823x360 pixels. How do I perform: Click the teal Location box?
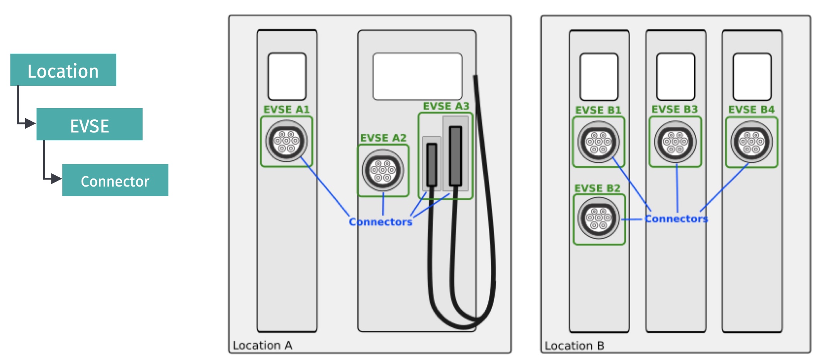pos(63,70)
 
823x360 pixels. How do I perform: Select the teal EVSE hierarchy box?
pos(89,124)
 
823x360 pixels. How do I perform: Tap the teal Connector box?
pos(115,180)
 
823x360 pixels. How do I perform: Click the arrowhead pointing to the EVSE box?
pos(31,124)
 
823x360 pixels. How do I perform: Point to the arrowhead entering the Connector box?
pos(56,178)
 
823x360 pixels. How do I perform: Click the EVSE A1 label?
pos(286,109)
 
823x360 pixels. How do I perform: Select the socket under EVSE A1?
pos(286,141)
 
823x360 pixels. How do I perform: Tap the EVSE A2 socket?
pos(383,170)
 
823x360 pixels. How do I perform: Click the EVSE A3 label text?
pos(446,106)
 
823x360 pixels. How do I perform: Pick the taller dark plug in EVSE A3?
pos(456,156)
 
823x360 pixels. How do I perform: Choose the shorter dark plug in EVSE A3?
pos(432,165)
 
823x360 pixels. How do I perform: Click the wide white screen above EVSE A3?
pos(417,76)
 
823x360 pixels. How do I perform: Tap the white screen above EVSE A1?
pos(287,76)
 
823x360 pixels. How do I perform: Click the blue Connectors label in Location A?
pos(381,222)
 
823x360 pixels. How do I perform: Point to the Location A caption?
pos(262,345)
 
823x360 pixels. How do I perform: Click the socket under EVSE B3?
pos(675,142)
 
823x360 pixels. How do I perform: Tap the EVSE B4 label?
pos(751,110)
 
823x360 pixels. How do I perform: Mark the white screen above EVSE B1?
pos(599,77)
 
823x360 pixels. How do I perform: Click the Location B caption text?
pos(574,345)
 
